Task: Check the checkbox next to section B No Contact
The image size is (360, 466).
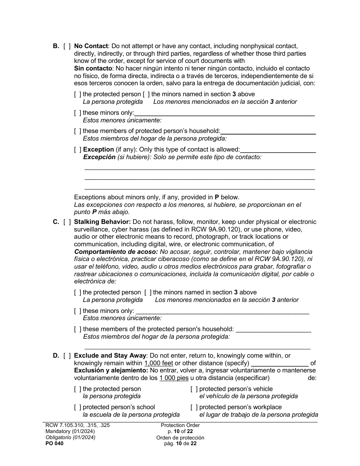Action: click(x=67, y=46)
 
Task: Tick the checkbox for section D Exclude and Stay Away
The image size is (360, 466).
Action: click(x=67, y=356)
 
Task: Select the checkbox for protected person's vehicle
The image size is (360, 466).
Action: click(x=194, y=389)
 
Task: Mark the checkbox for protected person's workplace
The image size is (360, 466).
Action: click(x=194, y=407)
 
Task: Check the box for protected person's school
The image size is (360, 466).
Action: click(x=78, y=407)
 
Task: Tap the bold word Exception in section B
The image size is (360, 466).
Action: click(x=98, y=150)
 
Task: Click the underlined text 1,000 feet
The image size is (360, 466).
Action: click(x=158, y=363)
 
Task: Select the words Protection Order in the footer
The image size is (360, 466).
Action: click(x=180, y=425)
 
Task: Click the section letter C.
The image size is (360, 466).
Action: click(x=55, y=222)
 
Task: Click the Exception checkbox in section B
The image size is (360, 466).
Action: click(x=78, y=150)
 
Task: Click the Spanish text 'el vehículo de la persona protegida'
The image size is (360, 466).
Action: click(x=248, y=396)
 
